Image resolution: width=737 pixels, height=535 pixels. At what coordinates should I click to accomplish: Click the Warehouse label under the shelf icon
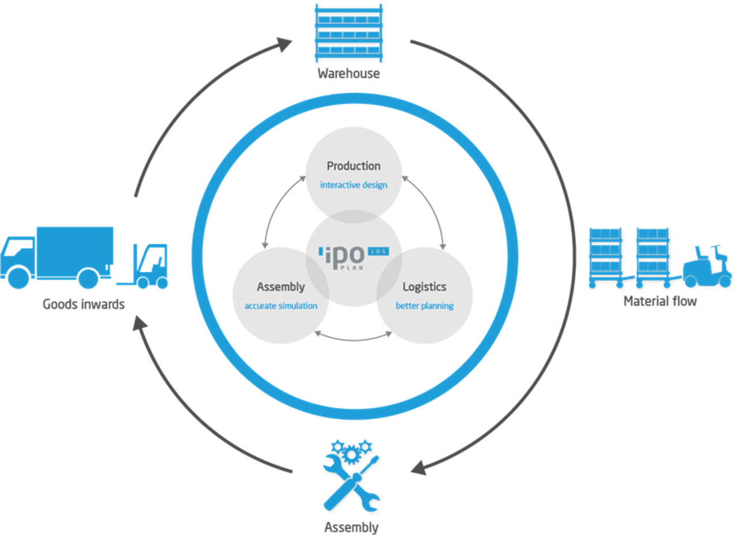point(348,73)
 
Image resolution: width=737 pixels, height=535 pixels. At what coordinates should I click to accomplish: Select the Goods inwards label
point(83,303)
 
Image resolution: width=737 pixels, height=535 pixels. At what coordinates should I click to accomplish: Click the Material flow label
point(659,301)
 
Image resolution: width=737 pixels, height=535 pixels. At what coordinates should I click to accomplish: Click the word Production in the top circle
point(354,166)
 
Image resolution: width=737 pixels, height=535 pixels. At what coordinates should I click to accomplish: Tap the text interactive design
point(354,185)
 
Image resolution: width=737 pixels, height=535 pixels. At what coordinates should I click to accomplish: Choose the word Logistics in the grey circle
point(424,286)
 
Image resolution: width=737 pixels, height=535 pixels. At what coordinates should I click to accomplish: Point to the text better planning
point(424,306)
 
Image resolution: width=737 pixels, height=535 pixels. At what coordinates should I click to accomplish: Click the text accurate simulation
point(281,306)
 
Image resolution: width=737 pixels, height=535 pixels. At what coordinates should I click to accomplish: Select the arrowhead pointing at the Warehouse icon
point(283,44)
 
